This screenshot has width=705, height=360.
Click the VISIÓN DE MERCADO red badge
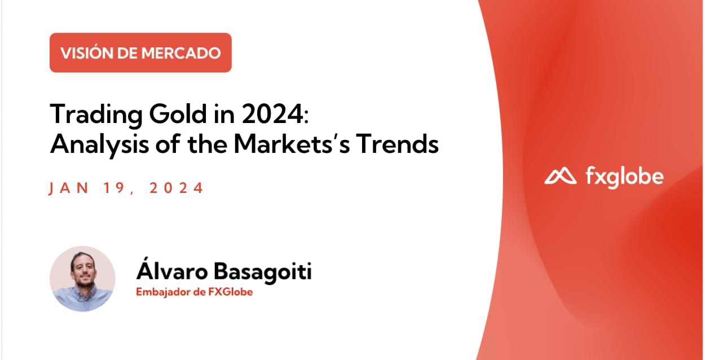pos(140,52)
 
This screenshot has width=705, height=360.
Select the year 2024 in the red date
pos(176,188)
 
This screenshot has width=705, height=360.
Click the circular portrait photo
pos(82,279)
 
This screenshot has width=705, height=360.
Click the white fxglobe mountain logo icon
pos(560,177)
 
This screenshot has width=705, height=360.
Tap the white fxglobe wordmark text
pos(624,177)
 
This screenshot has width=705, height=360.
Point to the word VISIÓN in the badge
pos(85,53)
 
